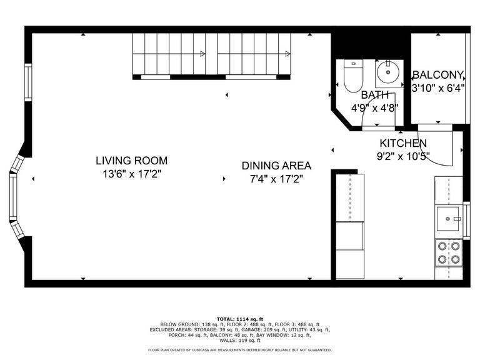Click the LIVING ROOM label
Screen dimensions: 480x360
(132, 161)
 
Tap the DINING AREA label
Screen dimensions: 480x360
(276, 166)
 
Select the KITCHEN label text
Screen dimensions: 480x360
(403, 143)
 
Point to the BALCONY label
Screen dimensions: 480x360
(438, 75)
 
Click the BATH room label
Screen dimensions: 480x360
(375, 95)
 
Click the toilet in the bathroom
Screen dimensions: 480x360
(353, 76)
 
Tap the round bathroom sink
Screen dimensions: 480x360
(388, 72)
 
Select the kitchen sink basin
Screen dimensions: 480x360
(448, 219)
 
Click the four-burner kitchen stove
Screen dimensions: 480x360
(449, 252)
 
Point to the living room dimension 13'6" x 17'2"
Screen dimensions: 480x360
(132, 174)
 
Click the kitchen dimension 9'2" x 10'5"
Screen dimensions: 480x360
(403, 157)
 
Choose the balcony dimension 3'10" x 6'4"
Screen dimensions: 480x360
(438, 88)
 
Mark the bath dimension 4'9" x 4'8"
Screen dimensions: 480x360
(375, 108)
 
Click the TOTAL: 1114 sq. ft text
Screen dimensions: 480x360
(240, 319)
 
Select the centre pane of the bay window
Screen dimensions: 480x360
(13, 197)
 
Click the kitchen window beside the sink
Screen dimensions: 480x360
(466, 221)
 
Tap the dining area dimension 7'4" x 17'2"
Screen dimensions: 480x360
(276, 179)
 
